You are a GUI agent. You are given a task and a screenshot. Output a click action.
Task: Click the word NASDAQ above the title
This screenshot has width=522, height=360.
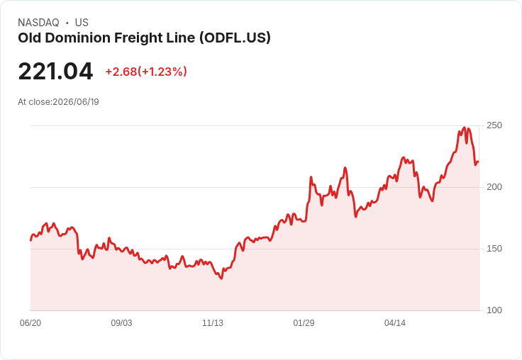coord(38,23)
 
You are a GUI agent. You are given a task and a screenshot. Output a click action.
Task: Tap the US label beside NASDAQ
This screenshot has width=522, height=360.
coord(82,23)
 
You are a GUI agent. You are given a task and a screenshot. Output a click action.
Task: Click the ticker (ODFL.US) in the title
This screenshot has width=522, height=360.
coord(235,38)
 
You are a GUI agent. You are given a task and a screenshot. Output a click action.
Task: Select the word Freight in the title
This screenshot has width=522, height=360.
coord(138,38)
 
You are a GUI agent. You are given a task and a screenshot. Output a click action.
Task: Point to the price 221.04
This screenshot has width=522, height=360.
coord(55,71)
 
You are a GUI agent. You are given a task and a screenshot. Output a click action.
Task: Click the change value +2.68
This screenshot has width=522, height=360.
coord(121,72)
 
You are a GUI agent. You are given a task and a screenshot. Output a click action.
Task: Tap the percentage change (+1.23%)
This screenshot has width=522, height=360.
coord(162,72)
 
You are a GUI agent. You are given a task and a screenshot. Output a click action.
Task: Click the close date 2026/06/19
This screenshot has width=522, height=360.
coord(76,102)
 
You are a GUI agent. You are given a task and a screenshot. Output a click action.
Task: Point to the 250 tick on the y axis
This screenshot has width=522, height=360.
coord(494,125)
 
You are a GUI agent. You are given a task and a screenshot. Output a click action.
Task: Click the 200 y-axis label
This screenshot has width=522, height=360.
coord(494,187)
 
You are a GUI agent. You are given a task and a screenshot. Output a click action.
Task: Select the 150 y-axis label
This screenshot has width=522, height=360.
coord(494,249)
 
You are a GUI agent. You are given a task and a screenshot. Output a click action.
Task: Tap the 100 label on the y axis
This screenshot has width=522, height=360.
coord(494,310)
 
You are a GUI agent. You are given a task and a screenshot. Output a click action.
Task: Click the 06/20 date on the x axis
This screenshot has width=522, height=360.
coord(30,323)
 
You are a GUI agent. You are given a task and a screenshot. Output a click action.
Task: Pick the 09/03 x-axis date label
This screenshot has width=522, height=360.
coord(121,323)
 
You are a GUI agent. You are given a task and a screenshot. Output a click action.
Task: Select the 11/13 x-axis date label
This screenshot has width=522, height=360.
coord(213,323)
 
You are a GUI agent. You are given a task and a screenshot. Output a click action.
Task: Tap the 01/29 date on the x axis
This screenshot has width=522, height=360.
coord(304,323)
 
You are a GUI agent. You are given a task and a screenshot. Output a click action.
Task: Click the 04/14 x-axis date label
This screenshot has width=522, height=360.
coord(395,323)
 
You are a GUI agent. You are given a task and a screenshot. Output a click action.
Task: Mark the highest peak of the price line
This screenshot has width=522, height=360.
coord(465,128)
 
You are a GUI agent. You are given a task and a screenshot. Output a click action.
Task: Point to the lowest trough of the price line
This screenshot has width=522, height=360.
coord(221,279)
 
